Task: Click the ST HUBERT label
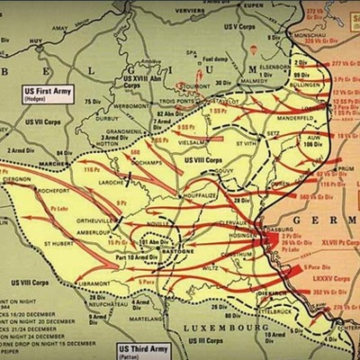(x=61, y=242)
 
